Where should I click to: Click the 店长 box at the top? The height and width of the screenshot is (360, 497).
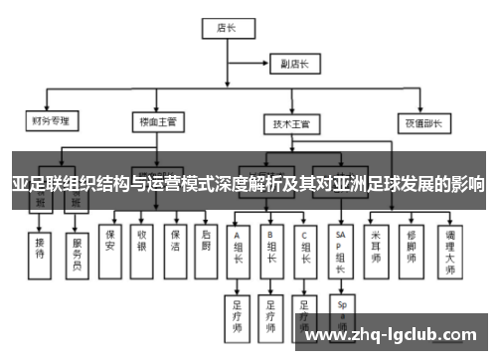(x=225, y=29)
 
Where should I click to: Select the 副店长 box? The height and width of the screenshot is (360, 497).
(x=293, y=65)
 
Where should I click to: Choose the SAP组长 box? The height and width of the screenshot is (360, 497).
(x=342, y=249)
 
